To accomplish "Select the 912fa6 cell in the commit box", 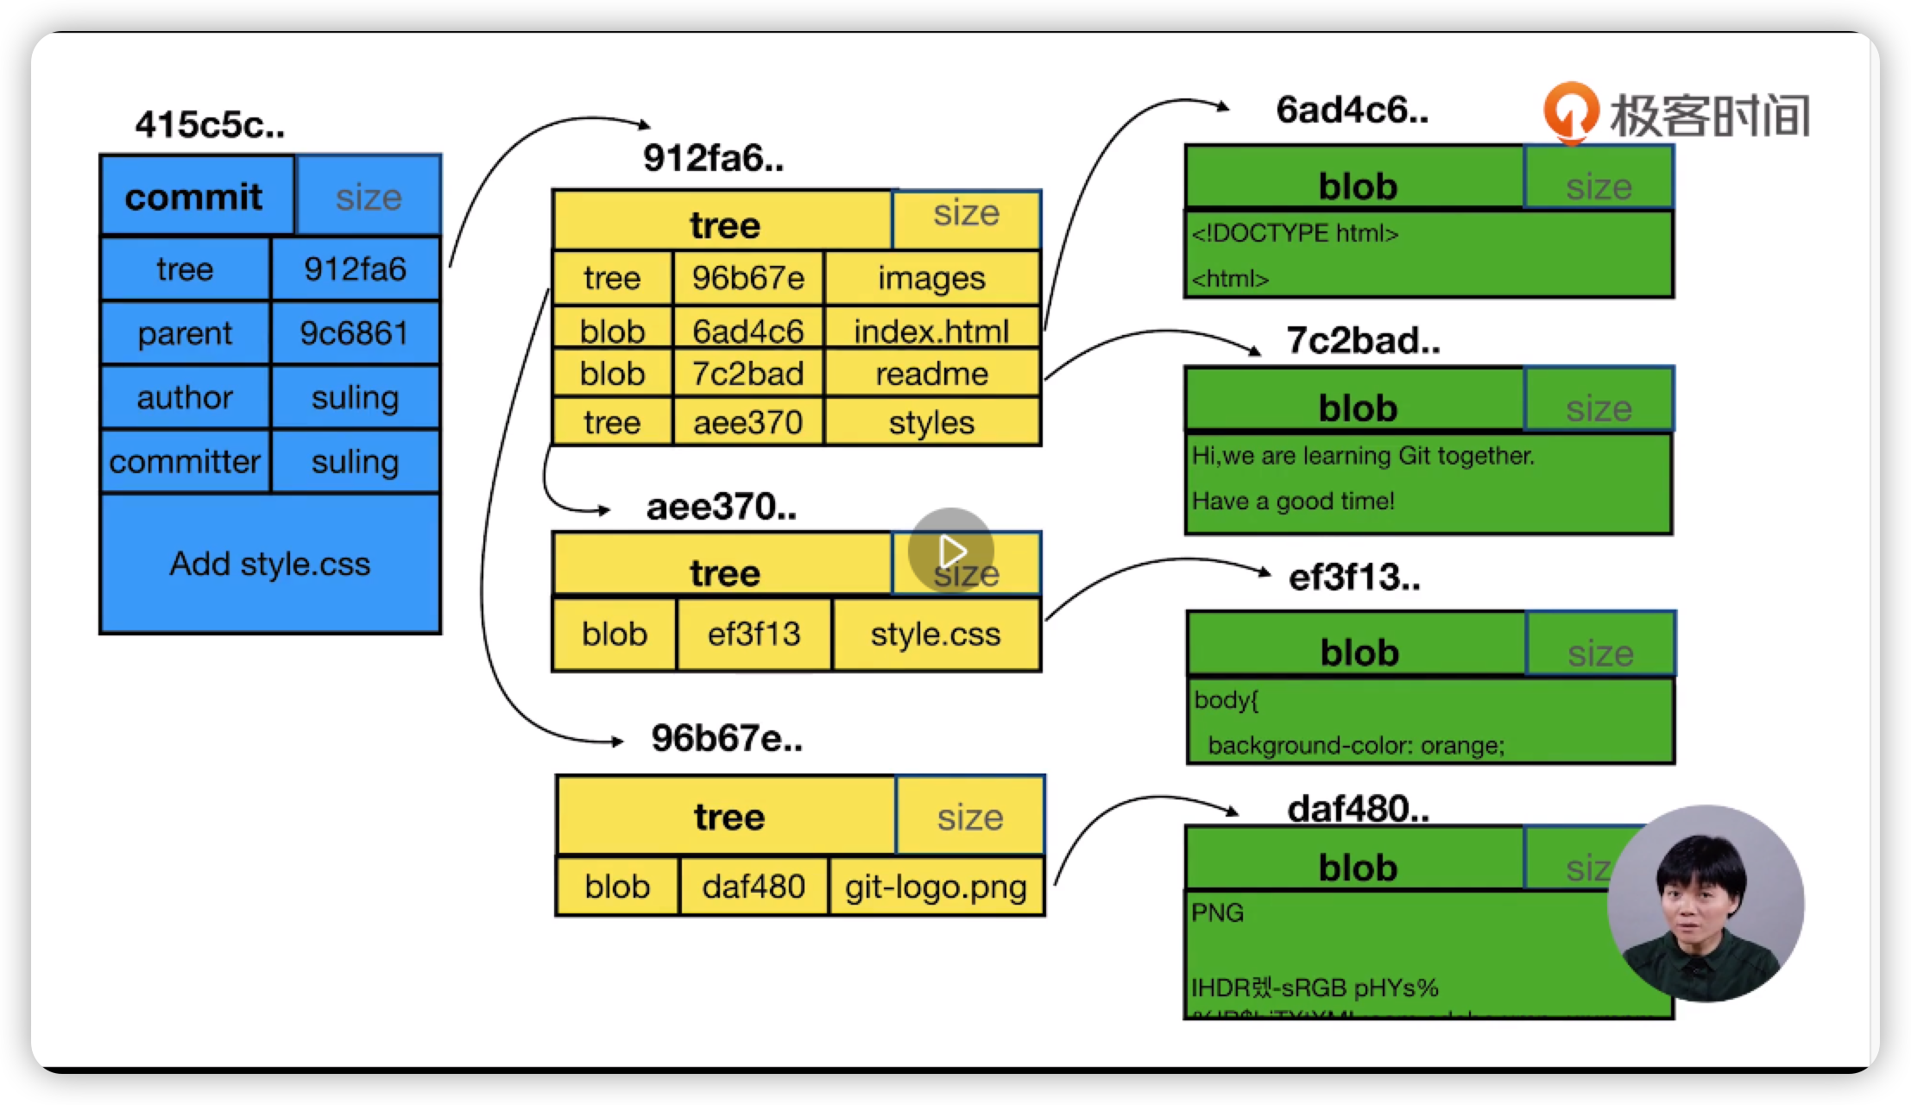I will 355,269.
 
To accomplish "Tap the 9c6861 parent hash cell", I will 355,333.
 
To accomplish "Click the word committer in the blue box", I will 185,462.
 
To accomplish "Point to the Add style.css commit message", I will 270,564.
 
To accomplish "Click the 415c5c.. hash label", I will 210,125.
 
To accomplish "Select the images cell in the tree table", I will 931,278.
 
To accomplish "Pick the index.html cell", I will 931,331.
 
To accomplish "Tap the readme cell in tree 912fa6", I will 931,374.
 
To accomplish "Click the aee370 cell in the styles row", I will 747,422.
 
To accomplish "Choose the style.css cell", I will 936,635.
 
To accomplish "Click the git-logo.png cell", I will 936,887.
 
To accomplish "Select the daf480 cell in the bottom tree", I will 754,887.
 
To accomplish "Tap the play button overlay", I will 951,551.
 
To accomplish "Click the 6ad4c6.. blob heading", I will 1352,110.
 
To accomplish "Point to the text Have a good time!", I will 1293,502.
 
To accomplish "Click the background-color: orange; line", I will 1355,745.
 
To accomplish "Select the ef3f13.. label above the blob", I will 1353,578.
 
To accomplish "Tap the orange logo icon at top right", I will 1570,112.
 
